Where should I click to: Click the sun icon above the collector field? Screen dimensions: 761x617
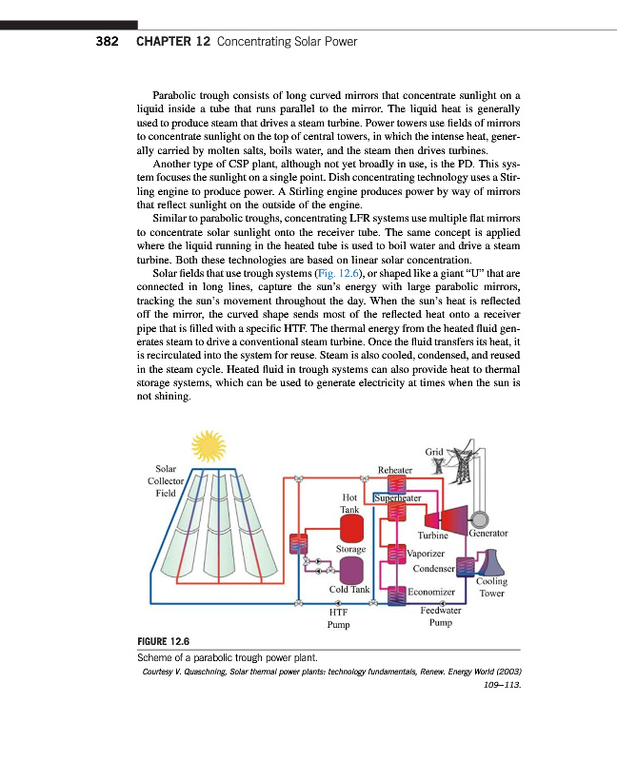click(207, 445)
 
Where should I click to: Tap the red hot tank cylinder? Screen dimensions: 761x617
click(351, 528)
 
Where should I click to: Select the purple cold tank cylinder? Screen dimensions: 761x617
click(351, 570)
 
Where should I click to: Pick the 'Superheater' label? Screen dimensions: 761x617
click(398, 496)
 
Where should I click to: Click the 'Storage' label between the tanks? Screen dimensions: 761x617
click(351, 549)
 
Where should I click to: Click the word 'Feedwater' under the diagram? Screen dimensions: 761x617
click(441, 611)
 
